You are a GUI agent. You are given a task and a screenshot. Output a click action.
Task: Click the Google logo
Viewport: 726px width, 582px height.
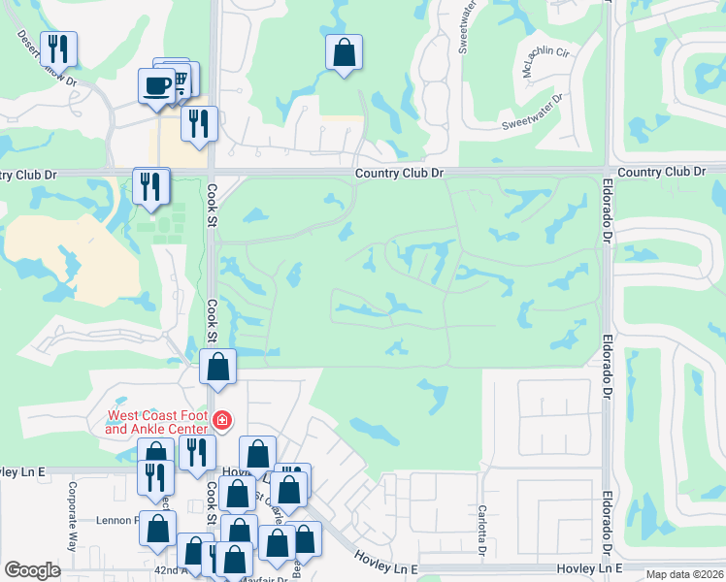32,570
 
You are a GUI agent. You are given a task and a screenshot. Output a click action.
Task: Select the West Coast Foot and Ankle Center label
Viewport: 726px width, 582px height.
156,423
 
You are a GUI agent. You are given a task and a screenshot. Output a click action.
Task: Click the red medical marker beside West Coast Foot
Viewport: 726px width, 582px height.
222,420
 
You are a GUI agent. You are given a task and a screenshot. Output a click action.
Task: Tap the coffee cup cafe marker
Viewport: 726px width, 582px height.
156,86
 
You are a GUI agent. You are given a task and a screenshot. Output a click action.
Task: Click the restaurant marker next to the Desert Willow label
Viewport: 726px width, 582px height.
58,48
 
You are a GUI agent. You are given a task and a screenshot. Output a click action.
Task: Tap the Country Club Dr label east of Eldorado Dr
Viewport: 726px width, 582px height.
661,172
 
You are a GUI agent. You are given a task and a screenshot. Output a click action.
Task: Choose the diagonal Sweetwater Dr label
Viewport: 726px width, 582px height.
532,113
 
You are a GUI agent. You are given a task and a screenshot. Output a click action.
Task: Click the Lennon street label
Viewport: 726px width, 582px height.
115,520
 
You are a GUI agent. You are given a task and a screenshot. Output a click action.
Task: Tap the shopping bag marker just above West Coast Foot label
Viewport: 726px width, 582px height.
218,368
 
